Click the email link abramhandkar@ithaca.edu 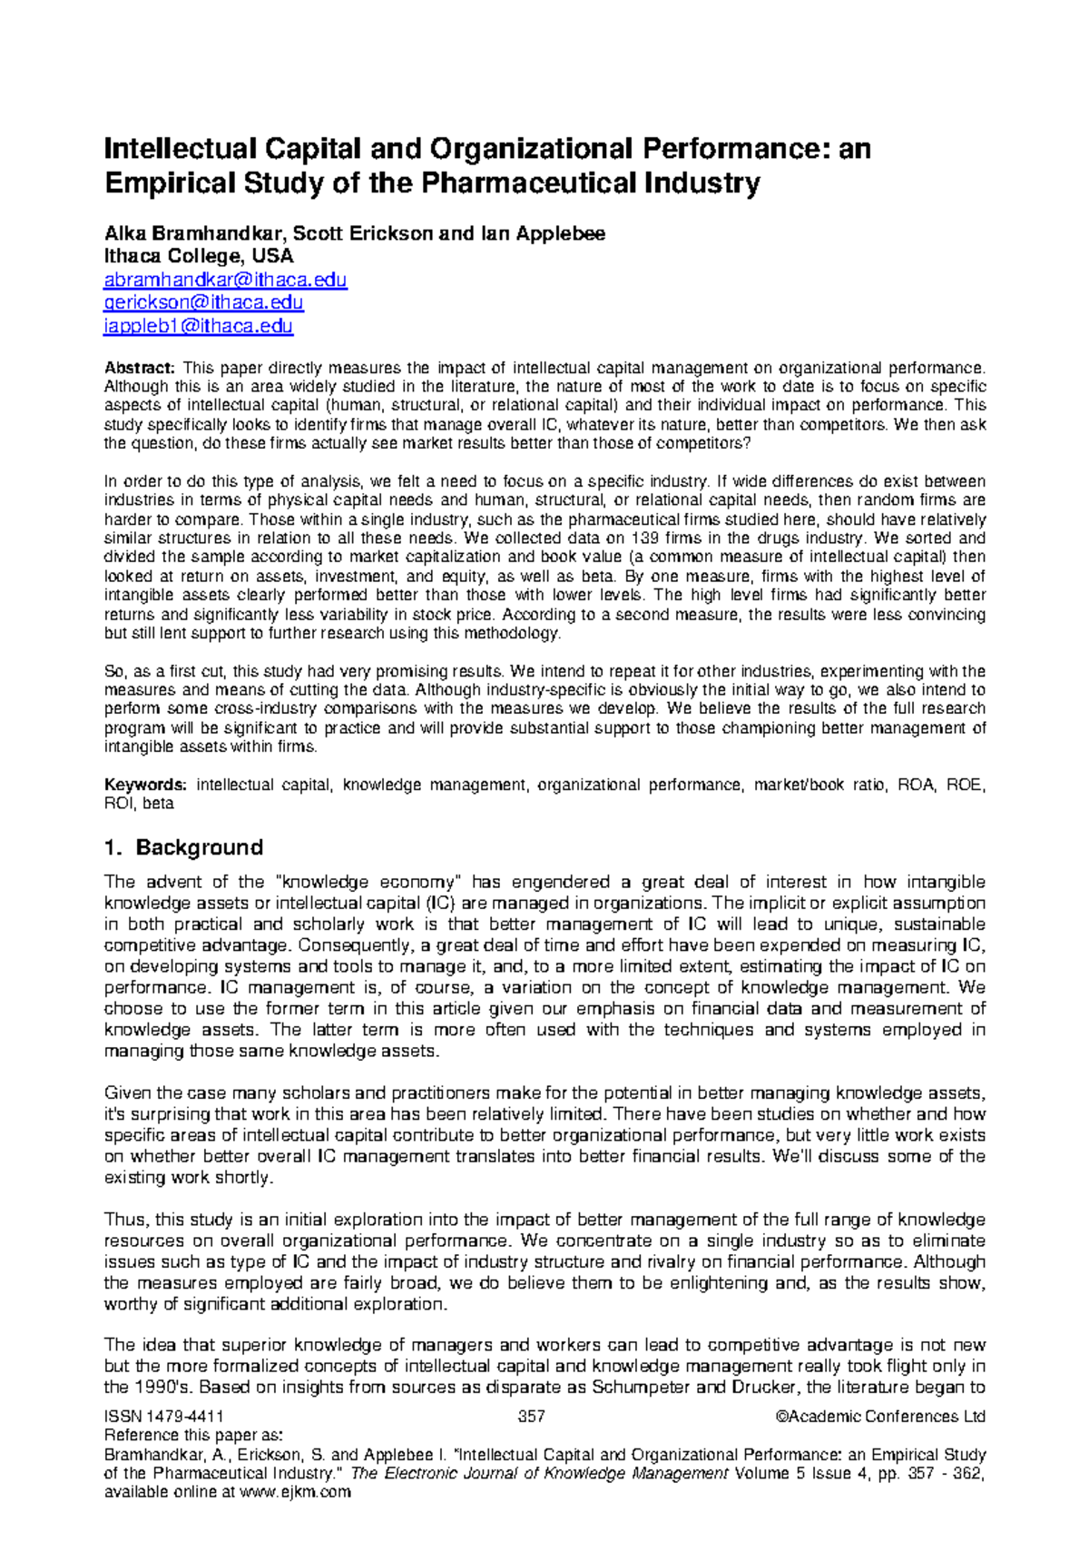(225, 280)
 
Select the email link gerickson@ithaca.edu (203, 302)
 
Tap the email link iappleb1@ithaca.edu (199, 325)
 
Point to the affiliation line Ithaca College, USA (199, 256)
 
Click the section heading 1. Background (184, 847)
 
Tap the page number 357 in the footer (531, 1417)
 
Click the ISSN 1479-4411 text (164, 1417)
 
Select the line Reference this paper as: (194, 1436)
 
